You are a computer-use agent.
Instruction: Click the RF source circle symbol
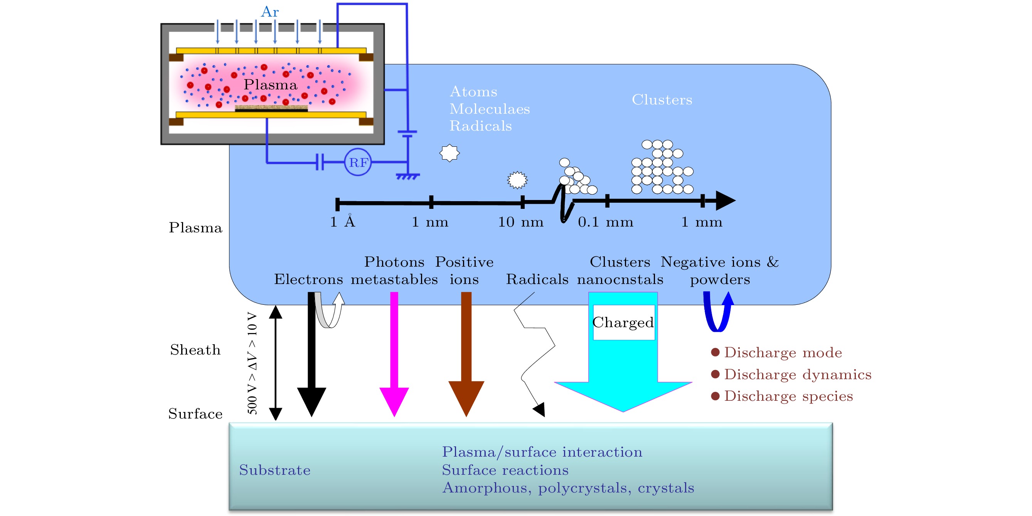(358, 162)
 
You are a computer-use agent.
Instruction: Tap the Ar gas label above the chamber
(269, 12)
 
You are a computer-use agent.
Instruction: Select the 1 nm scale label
(430, 222)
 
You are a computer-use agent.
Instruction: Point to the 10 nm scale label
(520, 222)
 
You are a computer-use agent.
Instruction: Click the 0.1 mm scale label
(605, 222)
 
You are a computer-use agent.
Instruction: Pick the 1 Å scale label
(343, 221)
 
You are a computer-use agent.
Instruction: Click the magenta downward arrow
(394, 353)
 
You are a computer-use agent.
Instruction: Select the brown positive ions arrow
(466, 353)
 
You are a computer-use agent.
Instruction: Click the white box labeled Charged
(623, 323)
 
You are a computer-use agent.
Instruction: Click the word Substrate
(275, 470)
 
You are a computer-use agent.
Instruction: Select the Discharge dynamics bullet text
(798, 374)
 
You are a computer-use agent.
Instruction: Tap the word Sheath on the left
(195, 350)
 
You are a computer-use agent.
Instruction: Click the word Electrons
(308, 279)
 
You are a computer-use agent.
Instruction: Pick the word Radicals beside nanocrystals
(537, 279)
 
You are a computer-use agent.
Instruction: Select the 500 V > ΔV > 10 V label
(252, 363)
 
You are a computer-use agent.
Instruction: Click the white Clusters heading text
(662, 100)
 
